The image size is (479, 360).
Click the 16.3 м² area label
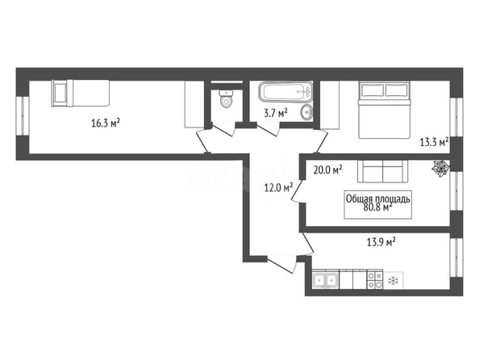tap(106, 123)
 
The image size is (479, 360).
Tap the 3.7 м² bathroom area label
tap(276, 114)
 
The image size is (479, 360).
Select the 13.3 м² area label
tap(434, 142)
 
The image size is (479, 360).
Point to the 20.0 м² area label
tap(327, 170)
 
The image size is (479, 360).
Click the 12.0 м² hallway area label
tap(278, 187)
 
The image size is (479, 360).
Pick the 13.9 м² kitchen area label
tap(381, 242)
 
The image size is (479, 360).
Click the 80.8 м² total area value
tap(378, 207)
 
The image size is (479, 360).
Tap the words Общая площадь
tap(377, 199)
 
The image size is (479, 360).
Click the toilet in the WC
tap(226, 98)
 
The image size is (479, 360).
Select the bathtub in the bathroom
tap(285, 91)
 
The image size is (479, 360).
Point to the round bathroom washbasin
tap(306, 112)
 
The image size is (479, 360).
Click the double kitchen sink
tap(325, 279)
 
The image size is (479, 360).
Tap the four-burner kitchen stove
tap(375, 279)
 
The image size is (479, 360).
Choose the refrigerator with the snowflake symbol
tap(394, 280)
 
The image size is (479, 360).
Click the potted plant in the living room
tap(441, 169)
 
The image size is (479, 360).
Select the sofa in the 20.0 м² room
tap(383, 171)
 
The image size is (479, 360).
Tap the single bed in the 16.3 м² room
tap(81, 93)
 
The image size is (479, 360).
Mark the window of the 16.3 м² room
tap(23, 115)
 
